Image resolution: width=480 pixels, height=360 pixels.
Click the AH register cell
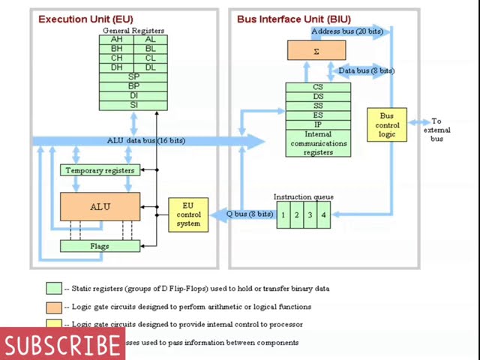[x=116, y=39]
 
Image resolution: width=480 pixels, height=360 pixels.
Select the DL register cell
[x=151, y=67]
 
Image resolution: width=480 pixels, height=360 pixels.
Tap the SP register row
[x=133, y=77]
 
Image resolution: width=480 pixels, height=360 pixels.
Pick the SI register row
[x=133, y=105]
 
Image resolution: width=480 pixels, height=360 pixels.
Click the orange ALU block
[x=100, y=206]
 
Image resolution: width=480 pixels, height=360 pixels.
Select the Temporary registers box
[x=100, y=170]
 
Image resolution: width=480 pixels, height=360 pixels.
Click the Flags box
[x=100, y=246]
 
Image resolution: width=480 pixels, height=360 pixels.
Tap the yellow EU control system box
[x=188, y=214]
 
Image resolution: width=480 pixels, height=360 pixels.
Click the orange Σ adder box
[x=316, y=51]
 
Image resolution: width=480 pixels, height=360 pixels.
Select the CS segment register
[x=318, y=87]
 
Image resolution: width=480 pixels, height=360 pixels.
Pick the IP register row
[x=318, y=124]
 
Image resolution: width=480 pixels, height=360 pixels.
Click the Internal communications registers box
[x=318, y=143]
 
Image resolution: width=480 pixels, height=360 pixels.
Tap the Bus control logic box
[x=386, y=125]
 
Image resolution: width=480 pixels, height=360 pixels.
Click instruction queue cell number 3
[x=310, y=215]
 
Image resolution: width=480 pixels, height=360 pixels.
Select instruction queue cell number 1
[x=283, y=215]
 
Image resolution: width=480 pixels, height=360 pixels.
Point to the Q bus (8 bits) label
[x=250, y=214]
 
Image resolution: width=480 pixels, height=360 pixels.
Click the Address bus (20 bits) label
[x=346, y=31]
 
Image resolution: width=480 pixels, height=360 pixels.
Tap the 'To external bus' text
[x=436, y=129]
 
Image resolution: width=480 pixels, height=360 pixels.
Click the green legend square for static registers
[x=53, y=289]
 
